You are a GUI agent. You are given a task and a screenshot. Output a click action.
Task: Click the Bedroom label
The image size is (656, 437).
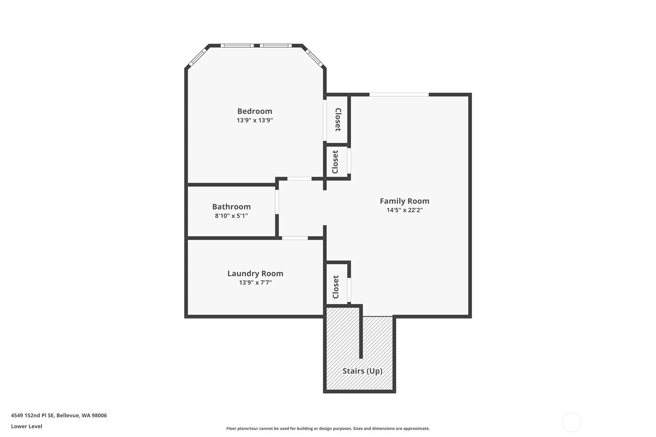point(254,111)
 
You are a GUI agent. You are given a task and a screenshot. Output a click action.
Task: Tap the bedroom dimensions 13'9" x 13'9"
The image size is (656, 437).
point(255,120)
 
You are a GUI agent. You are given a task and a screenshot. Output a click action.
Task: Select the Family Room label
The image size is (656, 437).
point(404,201)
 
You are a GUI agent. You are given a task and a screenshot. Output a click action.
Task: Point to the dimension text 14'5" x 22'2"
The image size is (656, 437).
point(404,210)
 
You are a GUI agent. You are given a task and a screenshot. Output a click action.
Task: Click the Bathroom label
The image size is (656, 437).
point(231,207)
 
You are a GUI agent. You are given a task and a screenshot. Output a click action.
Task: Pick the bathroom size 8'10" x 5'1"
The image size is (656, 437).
point(231,216)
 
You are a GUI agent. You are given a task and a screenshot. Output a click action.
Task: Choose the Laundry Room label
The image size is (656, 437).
point(256,274)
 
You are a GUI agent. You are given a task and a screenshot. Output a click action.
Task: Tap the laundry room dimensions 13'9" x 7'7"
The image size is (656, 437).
point(256,283)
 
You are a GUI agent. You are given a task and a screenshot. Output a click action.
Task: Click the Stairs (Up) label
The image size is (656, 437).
point(363,371)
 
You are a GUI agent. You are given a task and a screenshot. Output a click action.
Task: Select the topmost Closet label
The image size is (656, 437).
point(338,119)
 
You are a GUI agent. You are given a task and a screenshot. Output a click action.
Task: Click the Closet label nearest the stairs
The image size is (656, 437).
point(336,287)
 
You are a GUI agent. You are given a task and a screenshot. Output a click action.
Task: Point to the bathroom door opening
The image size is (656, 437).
point(277,202)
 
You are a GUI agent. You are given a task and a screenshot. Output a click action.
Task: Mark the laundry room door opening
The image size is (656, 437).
point(295,238)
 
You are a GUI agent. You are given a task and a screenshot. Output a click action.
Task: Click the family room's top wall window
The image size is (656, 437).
point(399,95)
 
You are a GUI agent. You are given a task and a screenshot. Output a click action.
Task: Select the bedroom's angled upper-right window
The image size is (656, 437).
point(314,57)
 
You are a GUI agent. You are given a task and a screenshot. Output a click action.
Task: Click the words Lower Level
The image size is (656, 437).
point(27,427)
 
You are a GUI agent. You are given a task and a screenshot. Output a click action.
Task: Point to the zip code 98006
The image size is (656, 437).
point(99,415)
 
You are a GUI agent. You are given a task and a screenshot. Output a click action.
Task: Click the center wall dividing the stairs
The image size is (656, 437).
point(361,332)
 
